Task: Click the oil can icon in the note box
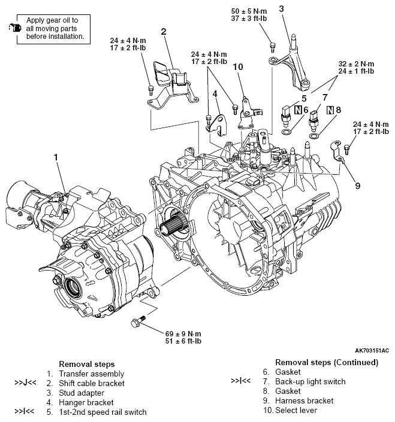(14, 28)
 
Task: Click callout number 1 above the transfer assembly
(56, 157)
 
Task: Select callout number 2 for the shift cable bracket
(163, 31)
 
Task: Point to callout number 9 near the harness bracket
(357, 186)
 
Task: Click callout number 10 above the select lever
(238, 67)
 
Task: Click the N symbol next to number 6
(298, 110)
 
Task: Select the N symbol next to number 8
(330, 110)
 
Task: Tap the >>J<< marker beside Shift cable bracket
(26, 382)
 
